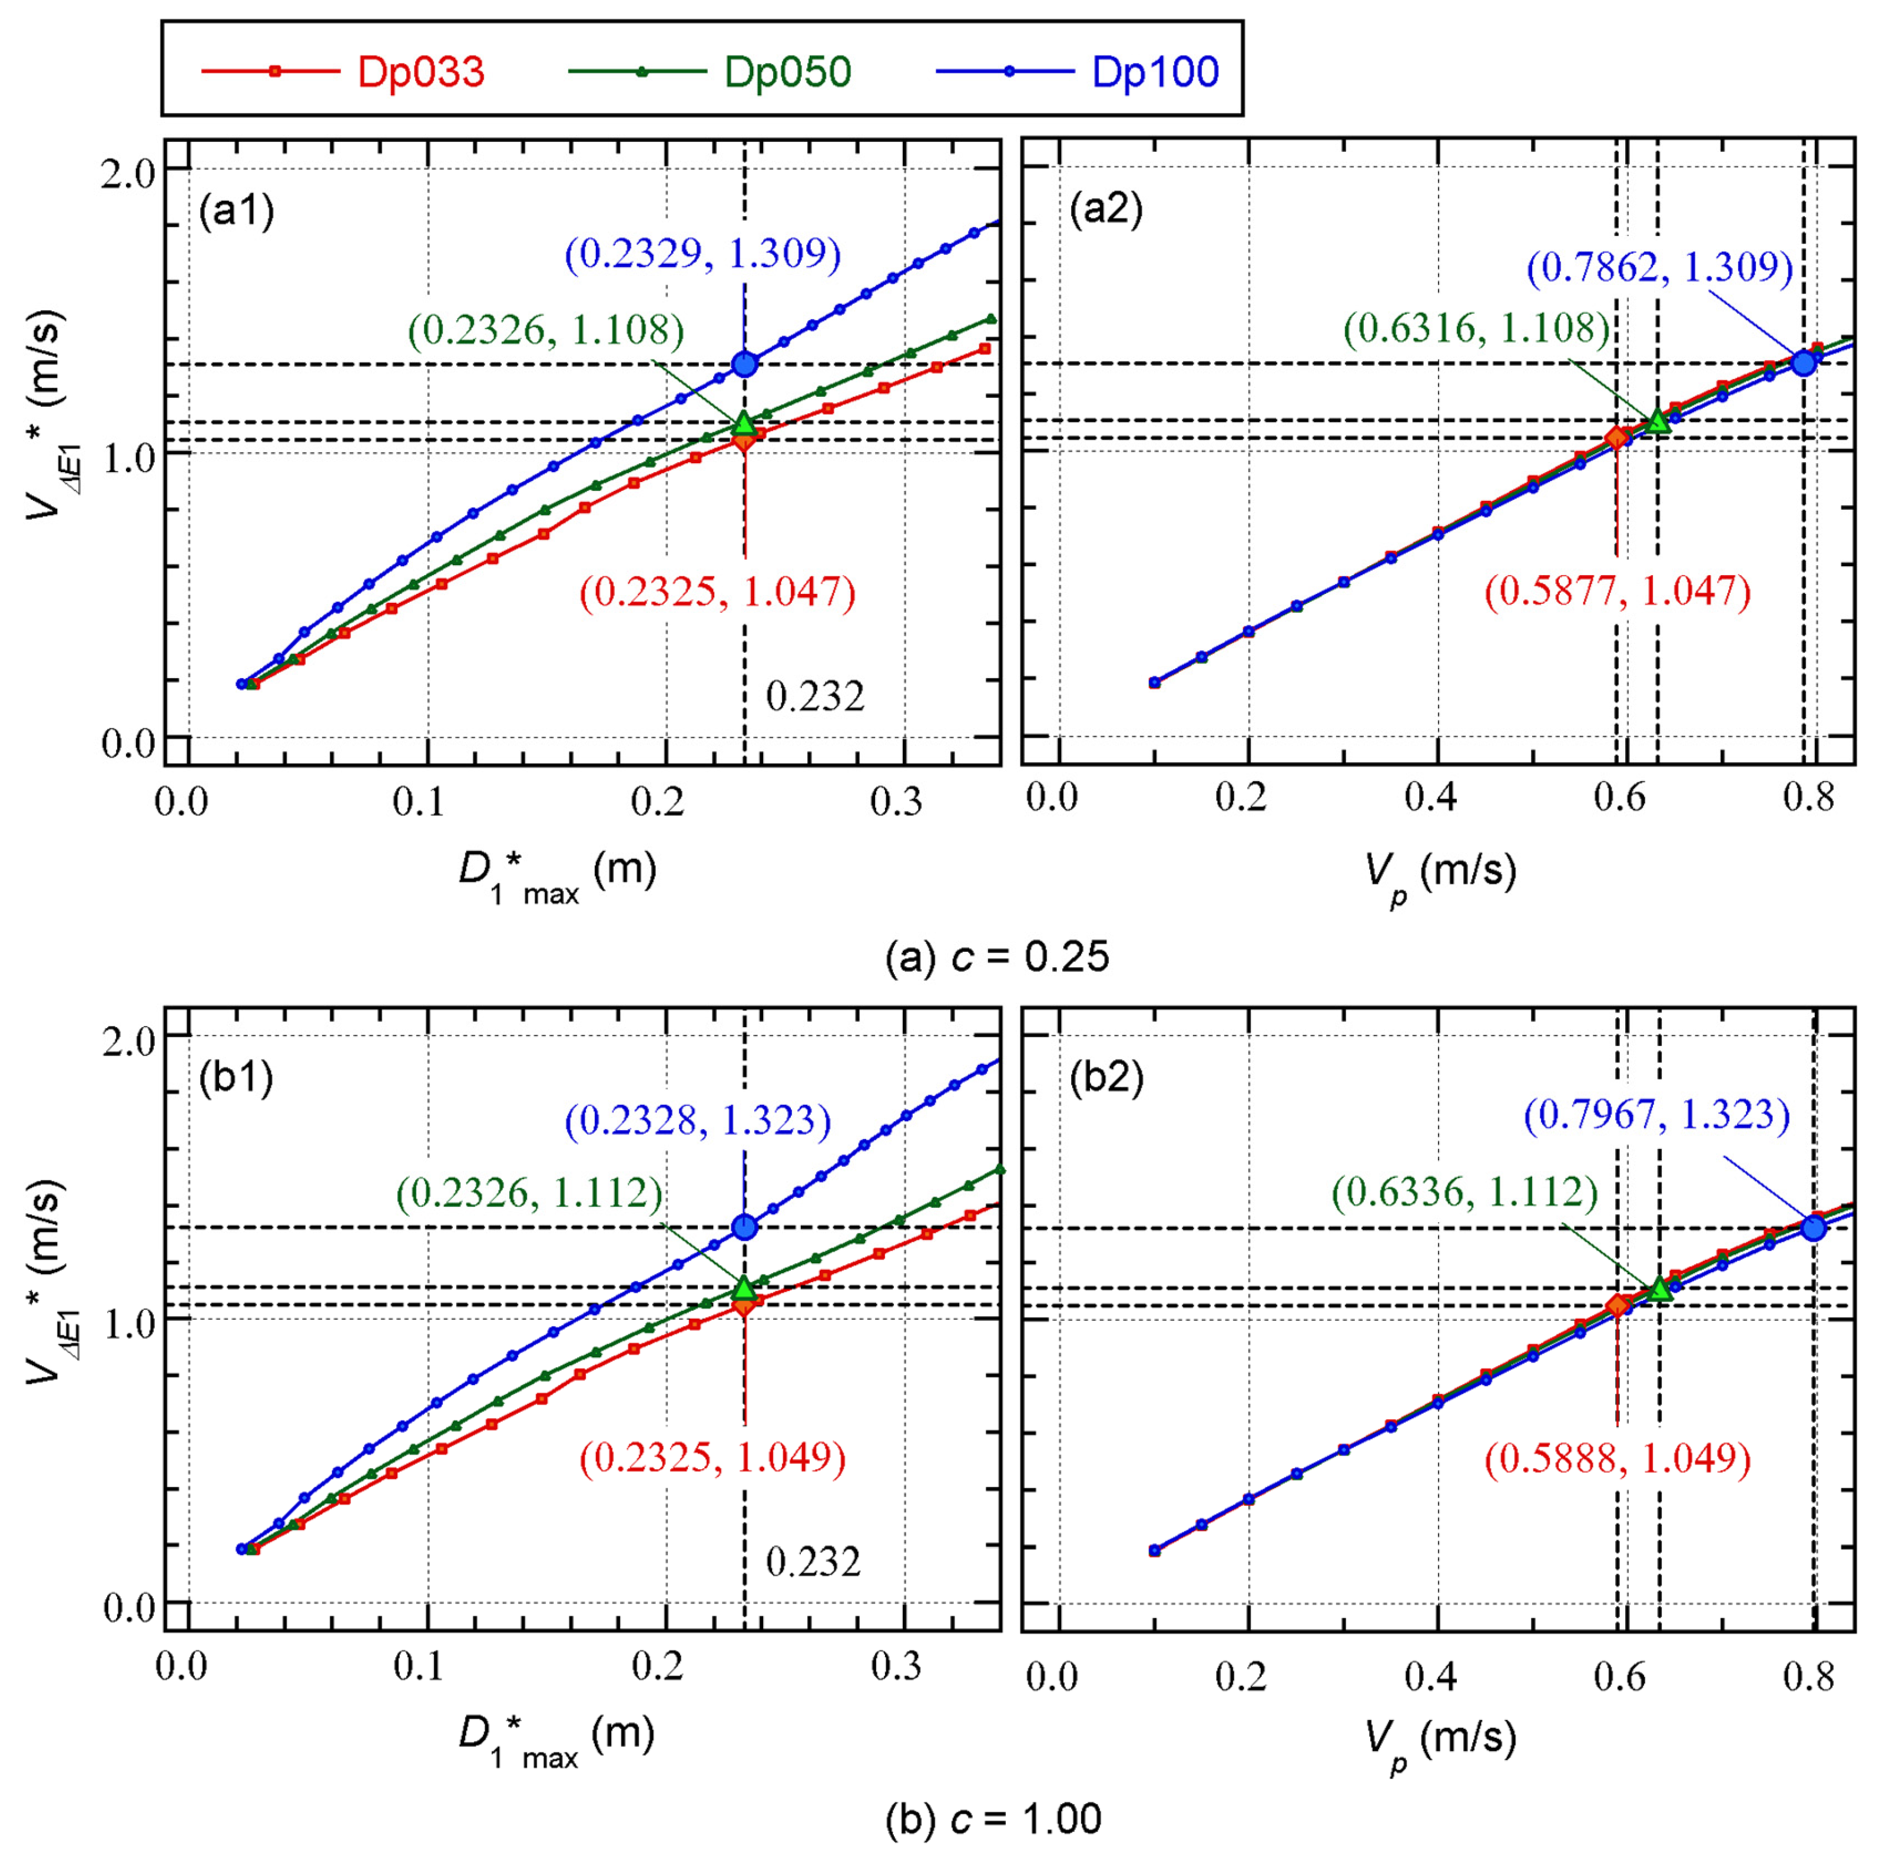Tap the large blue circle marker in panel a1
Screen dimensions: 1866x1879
(x=745, y=364)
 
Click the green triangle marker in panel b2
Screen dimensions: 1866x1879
(x=1659, y=1289)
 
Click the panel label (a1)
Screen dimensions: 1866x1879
(x=236, y=210)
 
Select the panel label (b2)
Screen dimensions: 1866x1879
(x=1106, y=1077)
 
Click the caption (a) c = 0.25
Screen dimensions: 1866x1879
(x=997, y=957)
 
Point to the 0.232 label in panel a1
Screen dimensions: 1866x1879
(x=815, y=696)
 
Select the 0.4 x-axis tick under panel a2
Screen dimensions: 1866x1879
(x=1433, y=798)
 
